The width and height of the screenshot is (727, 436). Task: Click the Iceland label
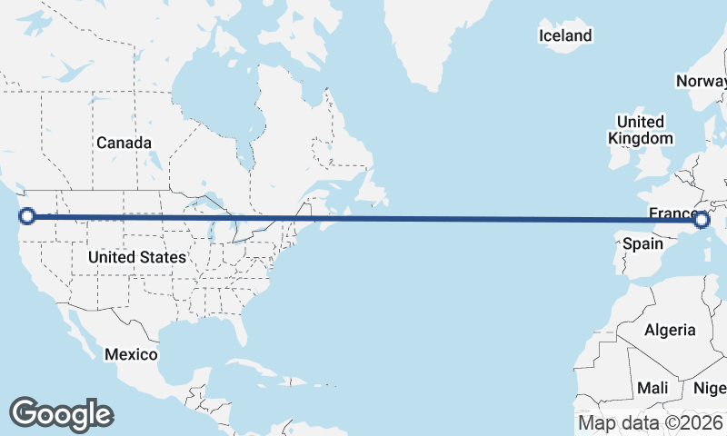(564, 36)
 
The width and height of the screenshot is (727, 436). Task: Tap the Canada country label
(124, 143)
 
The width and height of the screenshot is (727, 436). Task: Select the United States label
(136, 257)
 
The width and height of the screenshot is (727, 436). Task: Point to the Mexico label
(131, 353)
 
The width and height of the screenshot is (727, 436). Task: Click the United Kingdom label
(641, 130)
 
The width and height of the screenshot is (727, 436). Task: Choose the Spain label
(642, 243)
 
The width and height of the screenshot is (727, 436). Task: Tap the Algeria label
(670, 330)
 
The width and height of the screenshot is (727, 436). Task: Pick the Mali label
(652, 388)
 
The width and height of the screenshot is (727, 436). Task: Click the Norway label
(701, 82)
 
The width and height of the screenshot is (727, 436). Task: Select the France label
(672, 213)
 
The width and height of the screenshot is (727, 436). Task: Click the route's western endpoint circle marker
(26, 216)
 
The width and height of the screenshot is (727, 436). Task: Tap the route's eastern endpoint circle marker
(702, 219)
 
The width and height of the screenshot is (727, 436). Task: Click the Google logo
(61, 413)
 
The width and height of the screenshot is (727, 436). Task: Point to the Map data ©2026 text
(651, 422)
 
